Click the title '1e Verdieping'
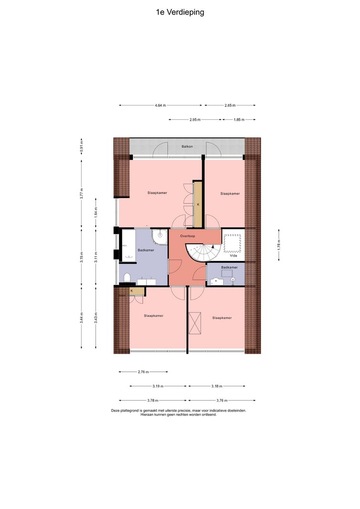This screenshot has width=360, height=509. coord(180,12)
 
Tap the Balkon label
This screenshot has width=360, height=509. coord(187,146)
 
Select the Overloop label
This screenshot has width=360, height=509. coord(187,236)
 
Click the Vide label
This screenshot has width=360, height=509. coord(234,256)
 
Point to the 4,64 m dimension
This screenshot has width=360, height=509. coord(160,105)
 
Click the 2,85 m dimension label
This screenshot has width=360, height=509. coord(230,105)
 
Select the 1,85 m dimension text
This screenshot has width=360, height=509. coord(239,119)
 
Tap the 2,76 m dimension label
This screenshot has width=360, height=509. coord(144,372)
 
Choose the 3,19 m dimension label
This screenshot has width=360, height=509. coord(158,386)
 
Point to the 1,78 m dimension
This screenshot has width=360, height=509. coord(279,245)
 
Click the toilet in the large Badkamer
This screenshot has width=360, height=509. coord(127,278)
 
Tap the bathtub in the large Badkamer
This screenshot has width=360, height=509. coord(127,245)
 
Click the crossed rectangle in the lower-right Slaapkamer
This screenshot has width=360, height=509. coord(195,323)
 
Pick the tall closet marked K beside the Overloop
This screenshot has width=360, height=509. coord(198,205)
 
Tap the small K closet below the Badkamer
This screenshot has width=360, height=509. coord(136,291)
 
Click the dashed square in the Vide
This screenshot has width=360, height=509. coord(233,242)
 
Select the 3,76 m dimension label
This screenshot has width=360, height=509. coord(222,400)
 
